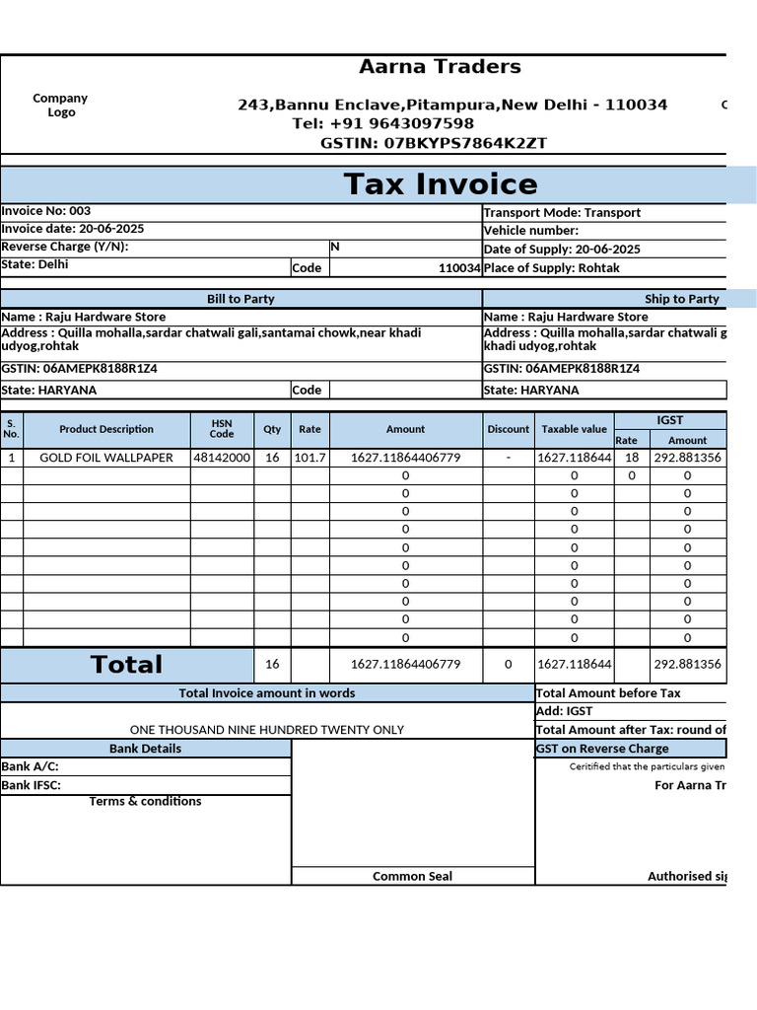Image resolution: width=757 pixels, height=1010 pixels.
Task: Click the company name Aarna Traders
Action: (440, 67)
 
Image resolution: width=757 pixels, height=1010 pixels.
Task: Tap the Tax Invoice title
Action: (441, 184)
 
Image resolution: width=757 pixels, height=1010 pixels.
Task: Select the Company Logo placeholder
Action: (60, 105)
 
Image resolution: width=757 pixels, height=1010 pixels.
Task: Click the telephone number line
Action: (382, 123)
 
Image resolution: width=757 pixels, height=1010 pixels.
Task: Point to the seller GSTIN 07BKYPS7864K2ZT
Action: (434, 143)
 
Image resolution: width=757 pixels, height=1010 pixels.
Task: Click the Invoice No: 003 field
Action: (46, 211)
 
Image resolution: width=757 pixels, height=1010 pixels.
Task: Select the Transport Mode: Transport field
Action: (562, 212)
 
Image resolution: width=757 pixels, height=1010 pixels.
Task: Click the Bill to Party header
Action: (241, 299)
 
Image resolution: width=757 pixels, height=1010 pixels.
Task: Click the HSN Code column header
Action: (222, 429)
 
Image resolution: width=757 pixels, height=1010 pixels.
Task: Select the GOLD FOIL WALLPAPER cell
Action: (106, 458)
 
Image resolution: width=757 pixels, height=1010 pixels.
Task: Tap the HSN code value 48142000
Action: (222, 458)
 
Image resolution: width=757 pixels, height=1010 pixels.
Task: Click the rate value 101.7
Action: (310, 458)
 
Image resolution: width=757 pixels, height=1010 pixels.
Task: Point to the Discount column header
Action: (508, 429)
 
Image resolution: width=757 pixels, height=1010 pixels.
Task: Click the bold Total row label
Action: (126, 665)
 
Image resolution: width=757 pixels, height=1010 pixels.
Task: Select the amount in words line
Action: (267, 730)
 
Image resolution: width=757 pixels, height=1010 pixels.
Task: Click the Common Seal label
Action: (412, 876)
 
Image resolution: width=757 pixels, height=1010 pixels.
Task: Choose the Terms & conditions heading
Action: (145, 801)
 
